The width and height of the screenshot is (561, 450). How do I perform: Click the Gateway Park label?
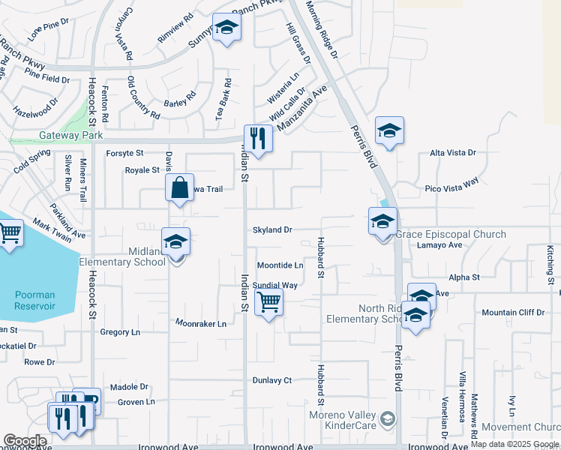pyautogui.click(x=70, y=136)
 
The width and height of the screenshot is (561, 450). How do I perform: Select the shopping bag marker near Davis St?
pyautogui.click(x=180, y=188)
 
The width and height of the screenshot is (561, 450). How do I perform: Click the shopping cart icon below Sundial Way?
pyautogui.click(x=268, y=303)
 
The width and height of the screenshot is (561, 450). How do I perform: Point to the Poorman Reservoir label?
pyautogui.click(x=34, y=300)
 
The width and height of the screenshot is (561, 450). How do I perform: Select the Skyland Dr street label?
pyautogui.click(x=271, y=229)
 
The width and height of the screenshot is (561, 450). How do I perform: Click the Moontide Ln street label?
pyautogui.click(x=280, y=265)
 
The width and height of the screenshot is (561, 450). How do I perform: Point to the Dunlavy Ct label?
pyautogui.click(x=271, y=380)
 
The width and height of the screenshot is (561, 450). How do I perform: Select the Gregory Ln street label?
pyautogui.click(x=120, y=331)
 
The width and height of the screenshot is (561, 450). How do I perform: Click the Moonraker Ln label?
pyautogui.click(x=200, y=324)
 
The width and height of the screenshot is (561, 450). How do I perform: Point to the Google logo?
pyautogui.click(x=24, y=441)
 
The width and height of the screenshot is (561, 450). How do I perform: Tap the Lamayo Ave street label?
pyautogui.click(x=439, y=245)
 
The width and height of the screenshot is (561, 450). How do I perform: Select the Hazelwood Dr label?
pyautogui.click(x=35, y=110)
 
